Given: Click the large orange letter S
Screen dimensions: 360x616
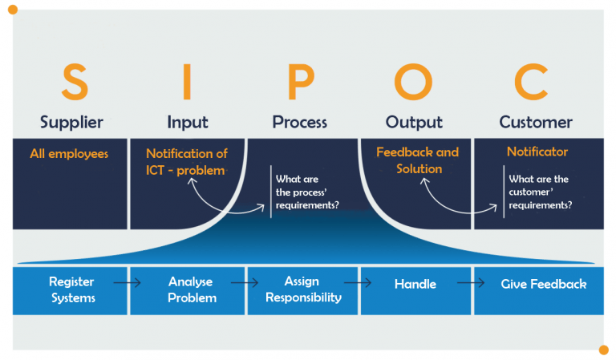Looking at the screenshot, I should (x=73, y=82).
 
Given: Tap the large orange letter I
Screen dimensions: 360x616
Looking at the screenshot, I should (x=187, y=82).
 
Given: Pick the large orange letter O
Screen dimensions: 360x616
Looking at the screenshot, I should (x=413, y=82).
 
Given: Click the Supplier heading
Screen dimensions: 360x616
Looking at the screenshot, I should (x=71, y=123).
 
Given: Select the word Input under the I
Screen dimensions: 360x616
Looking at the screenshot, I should (x=187, y=123).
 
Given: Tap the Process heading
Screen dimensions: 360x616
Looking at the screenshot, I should (x=299, y=123).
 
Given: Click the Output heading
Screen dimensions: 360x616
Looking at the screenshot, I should (x=414, y=123).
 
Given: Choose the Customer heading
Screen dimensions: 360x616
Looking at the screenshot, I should (x=536, y=123).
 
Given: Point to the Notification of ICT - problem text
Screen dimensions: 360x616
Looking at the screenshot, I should (x=186, y=161).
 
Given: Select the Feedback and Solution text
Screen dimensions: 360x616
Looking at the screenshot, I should (x=418, y=160).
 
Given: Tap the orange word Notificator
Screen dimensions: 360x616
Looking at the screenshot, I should (x=537, y=152).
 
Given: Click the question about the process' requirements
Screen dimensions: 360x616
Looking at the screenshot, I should (x=306, y=192).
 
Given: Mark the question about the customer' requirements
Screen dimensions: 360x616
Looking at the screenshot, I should (x=540, y=192).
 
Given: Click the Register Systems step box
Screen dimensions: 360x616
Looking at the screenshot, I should (x=71, y=290).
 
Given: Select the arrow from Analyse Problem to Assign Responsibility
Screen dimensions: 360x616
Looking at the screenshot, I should (x=245, y=283).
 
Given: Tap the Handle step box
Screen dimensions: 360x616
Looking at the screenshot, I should (x=415, y=284).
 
